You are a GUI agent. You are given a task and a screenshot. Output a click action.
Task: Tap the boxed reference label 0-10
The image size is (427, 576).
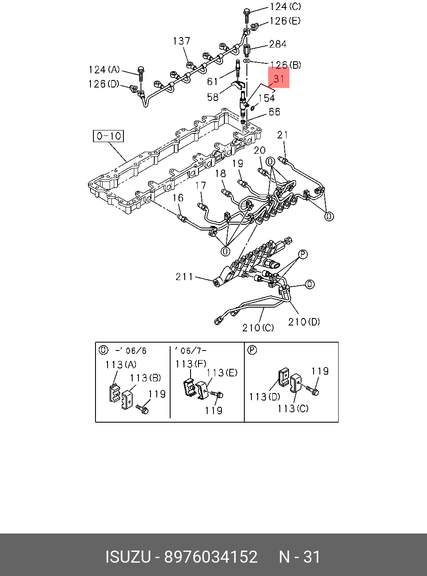tap(108, 136)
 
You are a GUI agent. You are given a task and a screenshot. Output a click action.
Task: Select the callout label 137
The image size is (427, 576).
tap(181, 41)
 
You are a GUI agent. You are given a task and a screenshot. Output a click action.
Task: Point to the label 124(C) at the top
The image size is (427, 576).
tap(285, 7)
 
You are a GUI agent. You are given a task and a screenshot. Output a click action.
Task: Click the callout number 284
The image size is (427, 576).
tap(277, 44)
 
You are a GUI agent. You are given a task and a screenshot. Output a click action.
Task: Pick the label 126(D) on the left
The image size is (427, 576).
tap(103, 84)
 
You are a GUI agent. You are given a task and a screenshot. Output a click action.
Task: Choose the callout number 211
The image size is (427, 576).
tap(184, 276)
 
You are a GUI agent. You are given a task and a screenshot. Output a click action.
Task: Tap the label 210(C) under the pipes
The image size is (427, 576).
tap(258, 328)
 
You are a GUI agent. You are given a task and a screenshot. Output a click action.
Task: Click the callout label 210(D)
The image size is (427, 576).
tap(304, 321)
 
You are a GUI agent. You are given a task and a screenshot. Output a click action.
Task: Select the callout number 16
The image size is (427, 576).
tap(178, 198)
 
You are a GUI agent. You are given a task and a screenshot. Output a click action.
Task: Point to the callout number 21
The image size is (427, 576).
tap(283, 135)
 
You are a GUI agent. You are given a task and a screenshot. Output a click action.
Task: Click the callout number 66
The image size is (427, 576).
tap(274, 112)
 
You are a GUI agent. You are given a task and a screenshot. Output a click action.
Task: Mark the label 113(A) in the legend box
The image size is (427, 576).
tap(121, 365)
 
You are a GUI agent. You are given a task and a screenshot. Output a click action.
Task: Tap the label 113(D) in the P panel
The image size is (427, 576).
tap(264, 396)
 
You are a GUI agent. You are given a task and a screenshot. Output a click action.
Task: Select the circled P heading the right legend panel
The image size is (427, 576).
tap(252, 350)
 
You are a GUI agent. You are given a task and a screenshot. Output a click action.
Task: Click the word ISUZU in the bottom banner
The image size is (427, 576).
tap(127, 557)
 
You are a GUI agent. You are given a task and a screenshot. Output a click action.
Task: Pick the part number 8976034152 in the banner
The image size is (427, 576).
tap(211, 557)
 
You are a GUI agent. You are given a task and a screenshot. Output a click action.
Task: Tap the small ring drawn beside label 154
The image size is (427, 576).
tap(252, 108)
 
